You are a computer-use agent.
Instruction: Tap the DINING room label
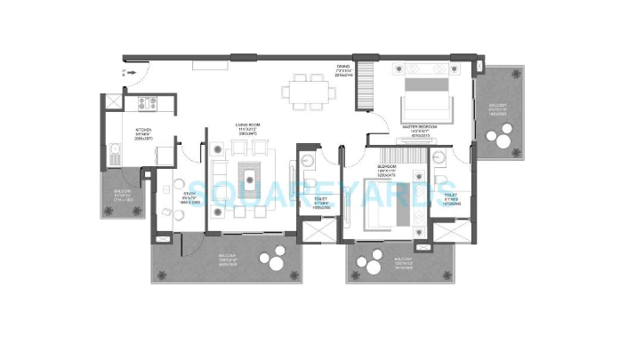coord(343,69)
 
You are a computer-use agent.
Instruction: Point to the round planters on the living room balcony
coord(269,263)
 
